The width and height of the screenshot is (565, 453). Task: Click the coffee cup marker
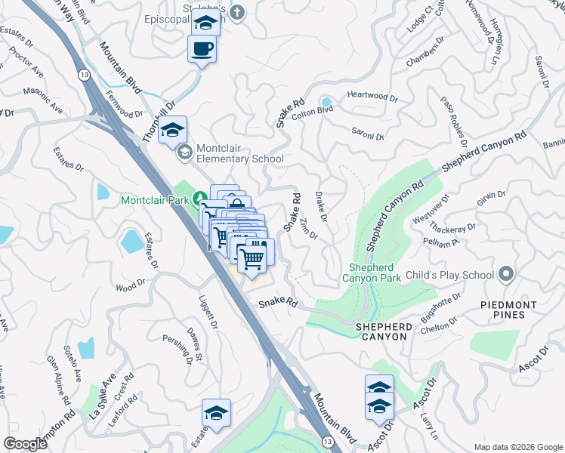[x=202, y=50]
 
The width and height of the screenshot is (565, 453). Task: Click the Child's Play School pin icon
[x=505, y=275]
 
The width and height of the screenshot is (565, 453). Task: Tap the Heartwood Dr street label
[x=372, y=97]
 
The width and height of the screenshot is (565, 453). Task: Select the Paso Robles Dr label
[x=452, y=121]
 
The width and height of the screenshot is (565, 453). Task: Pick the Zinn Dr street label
[x=307, y=229]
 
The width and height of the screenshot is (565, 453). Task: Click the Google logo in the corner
[x=25, y=444]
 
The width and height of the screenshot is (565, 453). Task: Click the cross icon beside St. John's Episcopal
[x=237, y=13]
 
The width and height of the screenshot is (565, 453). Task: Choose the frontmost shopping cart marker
[x=253, y=258]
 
